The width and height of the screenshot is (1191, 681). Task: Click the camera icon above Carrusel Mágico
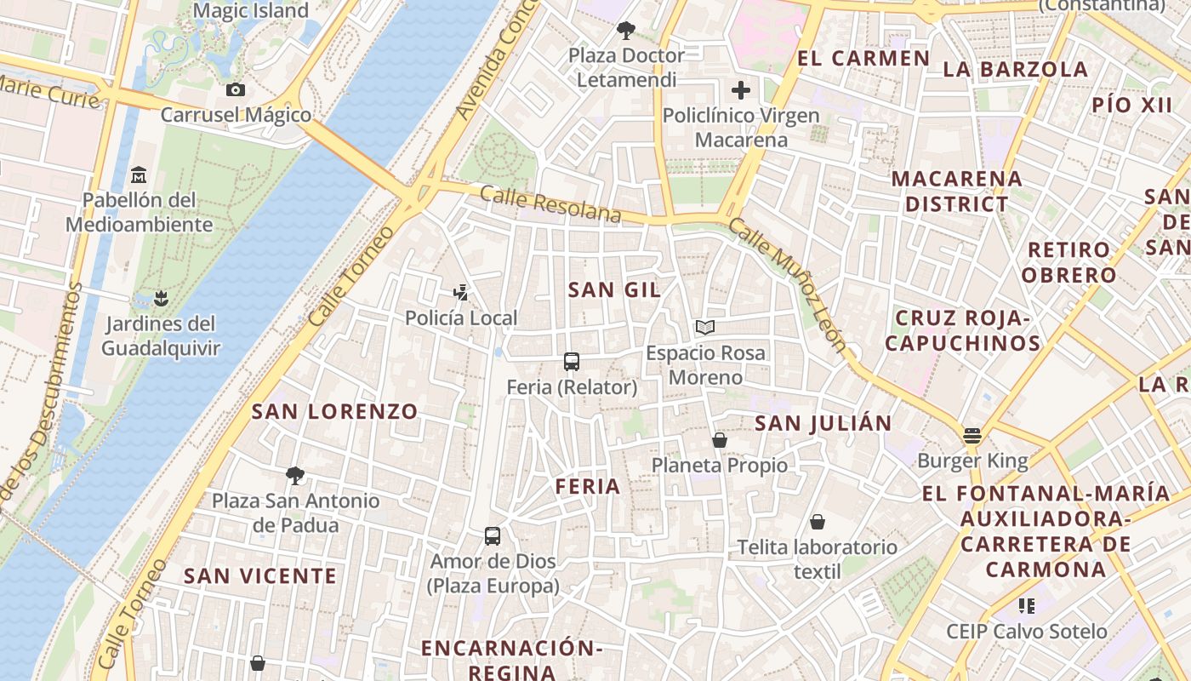tap(236, 89)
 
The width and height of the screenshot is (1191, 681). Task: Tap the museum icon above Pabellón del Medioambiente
tap(139, 175)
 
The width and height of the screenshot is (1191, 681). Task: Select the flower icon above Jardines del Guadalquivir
tap(160, 299)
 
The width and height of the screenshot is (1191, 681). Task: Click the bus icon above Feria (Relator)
tap(572, 362)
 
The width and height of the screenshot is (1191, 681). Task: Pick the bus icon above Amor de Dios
tap(493, 536)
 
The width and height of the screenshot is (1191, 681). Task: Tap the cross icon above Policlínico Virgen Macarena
tap(741, 90)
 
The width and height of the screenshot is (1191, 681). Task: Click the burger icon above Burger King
tap(972, 436)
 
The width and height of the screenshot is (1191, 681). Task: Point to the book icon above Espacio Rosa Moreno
tap(705, 327)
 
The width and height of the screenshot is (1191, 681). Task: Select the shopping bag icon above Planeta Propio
tap(720, 440)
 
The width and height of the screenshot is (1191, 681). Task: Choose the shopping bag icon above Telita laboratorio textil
tap(818, 521)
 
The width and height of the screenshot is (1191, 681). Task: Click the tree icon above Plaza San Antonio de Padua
tap(295, 475)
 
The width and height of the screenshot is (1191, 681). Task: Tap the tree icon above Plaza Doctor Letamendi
tap(626, 31)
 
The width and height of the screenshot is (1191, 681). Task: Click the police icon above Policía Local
tap(460, 293)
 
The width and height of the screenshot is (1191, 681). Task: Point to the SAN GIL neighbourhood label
tap(614, 289)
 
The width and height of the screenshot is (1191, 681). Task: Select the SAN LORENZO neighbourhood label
tap(334, 412)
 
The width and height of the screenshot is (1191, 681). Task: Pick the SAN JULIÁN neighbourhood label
tap(823, 423)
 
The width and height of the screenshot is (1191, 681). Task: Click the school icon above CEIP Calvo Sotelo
tap(1027, 606)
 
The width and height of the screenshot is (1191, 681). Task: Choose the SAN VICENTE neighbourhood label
tap(260, 576)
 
